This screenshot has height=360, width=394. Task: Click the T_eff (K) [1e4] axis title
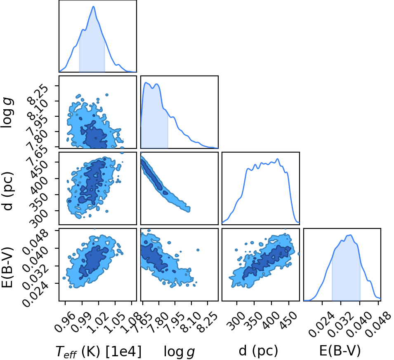[99, 351]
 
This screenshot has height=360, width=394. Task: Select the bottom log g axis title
[179, 351]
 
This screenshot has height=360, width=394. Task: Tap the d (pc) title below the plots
[259, 351]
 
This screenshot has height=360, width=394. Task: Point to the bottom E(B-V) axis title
[340, 351]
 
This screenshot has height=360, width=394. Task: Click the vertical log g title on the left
[7, 113]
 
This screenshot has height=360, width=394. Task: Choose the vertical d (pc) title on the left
[7, 191]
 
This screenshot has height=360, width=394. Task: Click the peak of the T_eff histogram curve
[94, 6]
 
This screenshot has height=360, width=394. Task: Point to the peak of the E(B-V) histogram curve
[350, 235]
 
